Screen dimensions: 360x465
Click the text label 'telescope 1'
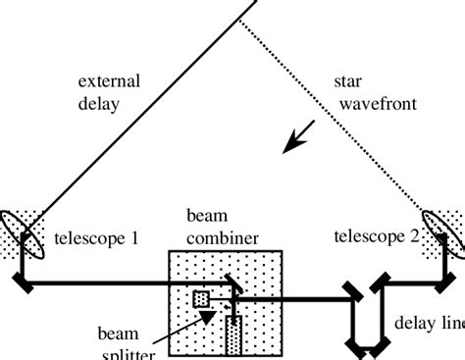[x=94, y=237]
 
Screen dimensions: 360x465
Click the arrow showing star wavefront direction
[x=295, y=136]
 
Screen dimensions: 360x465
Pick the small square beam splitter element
[x=201, y=298]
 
